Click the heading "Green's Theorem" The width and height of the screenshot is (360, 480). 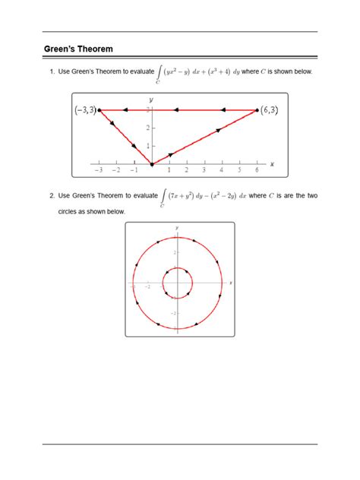coord(78,49)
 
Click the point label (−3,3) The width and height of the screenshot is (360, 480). coord(85,110)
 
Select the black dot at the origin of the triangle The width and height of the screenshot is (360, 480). coord(151,163)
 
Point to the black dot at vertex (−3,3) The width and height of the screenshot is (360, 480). coord(99,110)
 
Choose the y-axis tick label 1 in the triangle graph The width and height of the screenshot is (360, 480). coord(147,146)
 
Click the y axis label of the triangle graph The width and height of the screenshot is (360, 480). coord(151,99)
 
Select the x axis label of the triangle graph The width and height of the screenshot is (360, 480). coord(272,163)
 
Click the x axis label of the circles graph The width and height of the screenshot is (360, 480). coord(230,283)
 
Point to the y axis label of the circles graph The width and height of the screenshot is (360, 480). coord(176,228)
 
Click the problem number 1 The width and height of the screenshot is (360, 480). coord(52,71)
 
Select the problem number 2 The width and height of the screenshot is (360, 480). coord(52,196)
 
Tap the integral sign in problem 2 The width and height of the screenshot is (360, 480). coord(161,197)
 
